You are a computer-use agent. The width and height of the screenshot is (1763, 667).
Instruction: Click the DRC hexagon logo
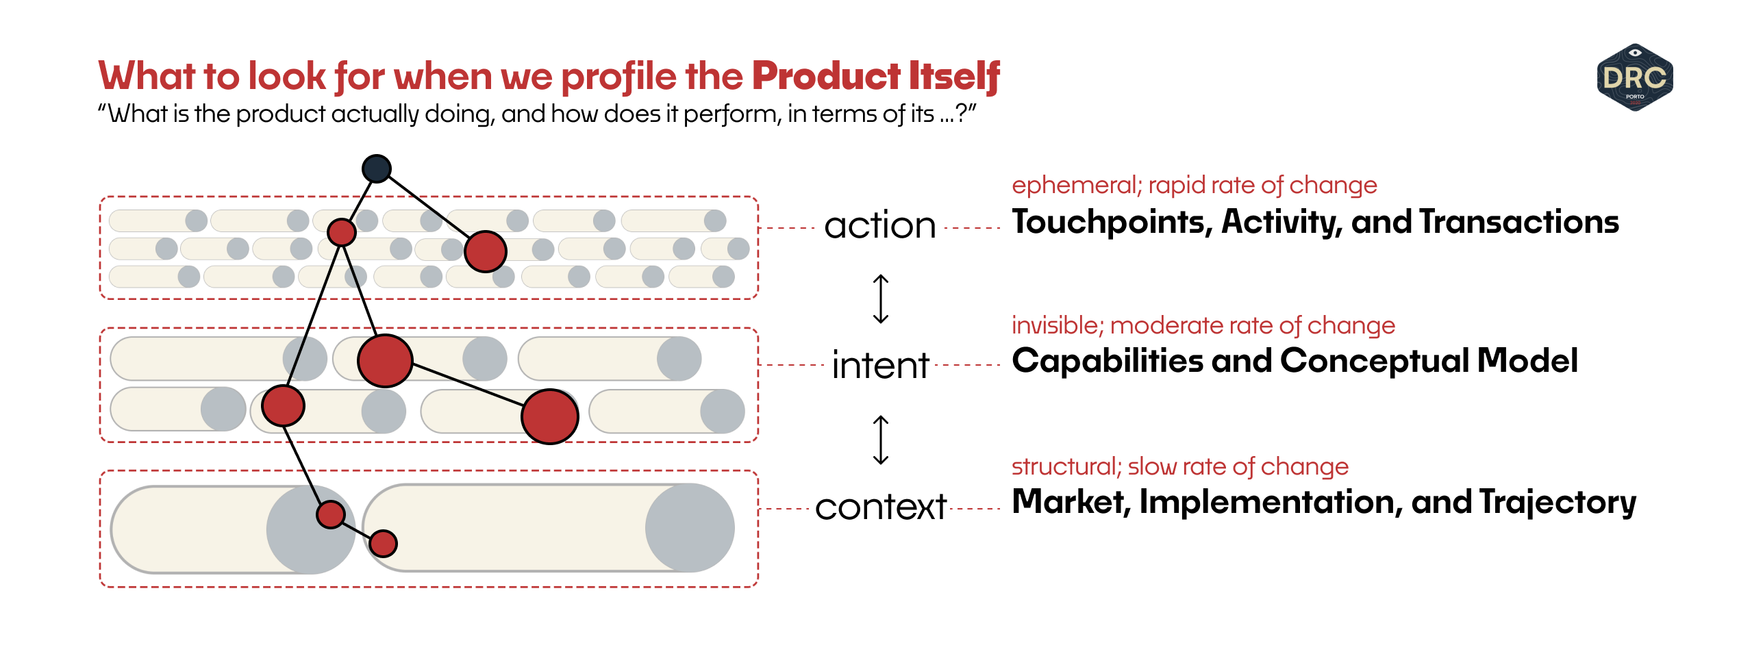pyautogui.click(x=1634, y=77)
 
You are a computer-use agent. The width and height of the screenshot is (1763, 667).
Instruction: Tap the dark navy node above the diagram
pyautogui.click(x=376, y=168)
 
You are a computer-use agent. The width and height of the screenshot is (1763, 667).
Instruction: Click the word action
pyautogui.click(x=880, y=225)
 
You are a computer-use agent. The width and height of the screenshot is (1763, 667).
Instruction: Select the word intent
pyautogui.click(x=880, y=365)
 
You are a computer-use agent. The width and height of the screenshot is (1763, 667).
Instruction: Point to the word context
pyautogui.click(x=881, y=507)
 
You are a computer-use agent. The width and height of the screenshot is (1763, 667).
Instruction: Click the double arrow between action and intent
pyautogui.click(x=881, y=299)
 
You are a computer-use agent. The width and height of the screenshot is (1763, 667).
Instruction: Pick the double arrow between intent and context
pyautogui.click(x=881, y=440)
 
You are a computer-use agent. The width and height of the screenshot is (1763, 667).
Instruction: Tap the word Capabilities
pyautogui.click(x=1107, y=361)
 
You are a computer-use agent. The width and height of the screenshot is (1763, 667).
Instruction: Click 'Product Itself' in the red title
pyautogui.click(x=875, y=76)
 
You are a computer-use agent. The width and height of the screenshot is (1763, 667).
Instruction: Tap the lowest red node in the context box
pyautogui.click(x=383, y=544)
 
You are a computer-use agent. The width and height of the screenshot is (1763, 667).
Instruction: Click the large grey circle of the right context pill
pyautogui.click(x=689, y=528)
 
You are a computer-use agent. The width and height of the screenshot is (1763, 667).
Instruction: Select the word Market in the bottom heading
pyautogui.click(x=1070, y=502)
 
